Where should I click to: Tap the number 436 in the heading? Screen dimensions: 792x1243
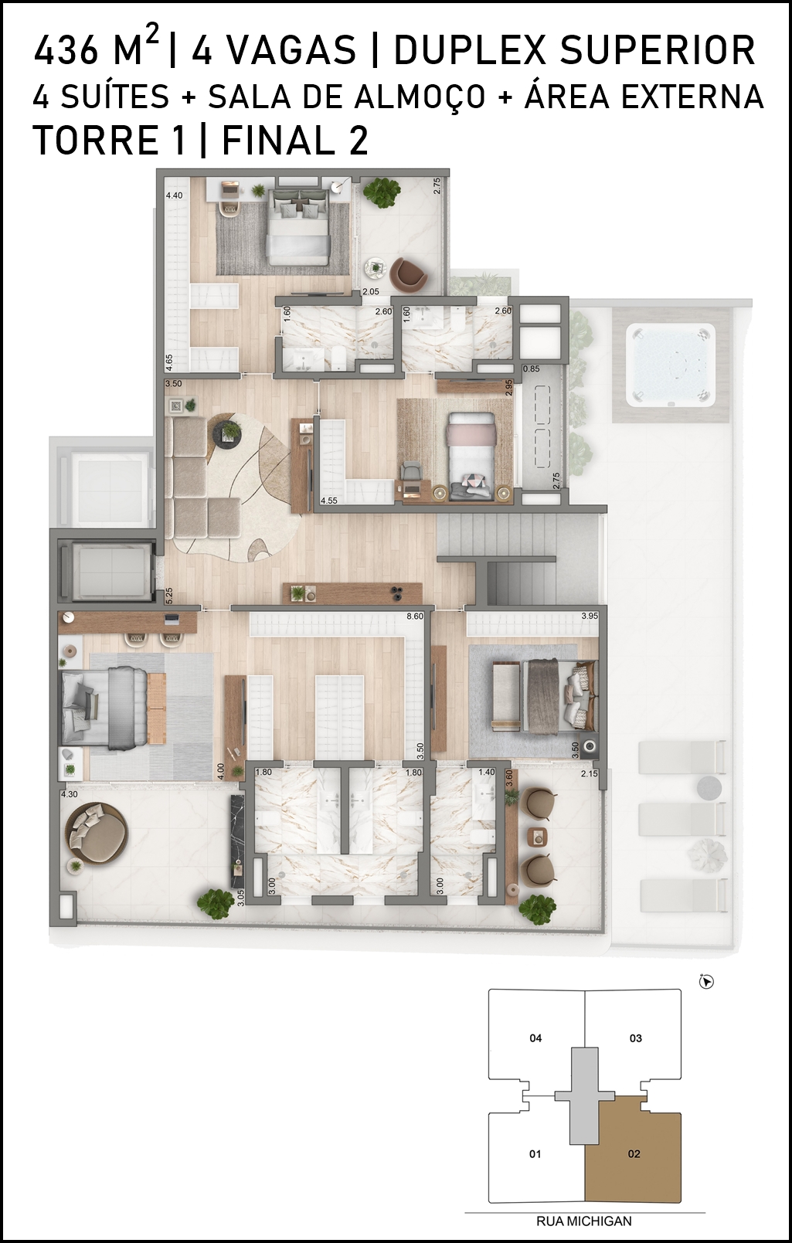(66, 50)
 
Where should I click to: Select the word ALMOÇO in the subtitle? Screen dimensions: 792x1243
(420, 97)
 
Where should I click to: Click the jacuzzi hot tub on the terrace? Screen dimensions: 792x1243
(671, 365)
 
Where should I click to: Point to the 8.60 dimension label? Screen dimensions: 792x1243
(415, 616)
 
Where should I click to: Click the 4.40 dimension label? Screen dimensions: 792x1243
(175, 195)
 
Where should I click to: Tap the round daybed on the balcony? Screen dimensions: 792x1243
(97, 833)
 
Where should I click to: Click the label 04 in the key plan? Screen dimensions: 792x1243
(535, 1038)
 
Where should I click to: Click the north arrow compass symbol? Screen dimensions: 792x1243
(706, 982)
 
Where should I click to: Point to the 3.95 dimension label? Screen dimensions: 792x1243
(590, 616)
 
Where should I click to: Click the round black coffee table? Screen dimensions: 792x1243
(227, 433)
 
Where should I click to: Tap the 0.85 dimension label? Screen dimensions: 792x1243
(531, 368)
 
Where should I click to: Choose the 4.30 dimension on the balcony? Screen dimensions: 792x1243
(70, 794)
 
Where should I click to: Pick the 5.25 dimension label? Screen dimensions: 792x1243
(169, 596)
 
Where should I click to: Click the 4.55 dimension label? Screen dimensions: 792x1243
(329, 501)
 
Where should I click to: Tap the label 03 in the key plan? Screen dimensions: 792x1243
(636, 1038)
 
